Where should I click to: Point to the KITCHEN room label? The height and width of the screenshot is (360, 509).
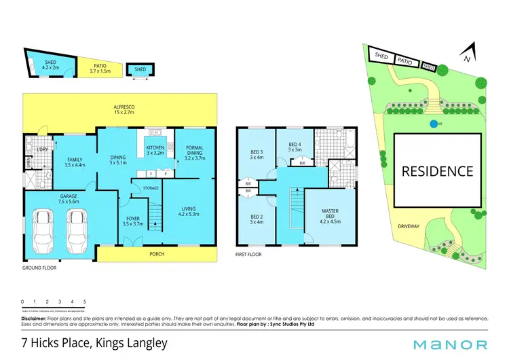[155, 147]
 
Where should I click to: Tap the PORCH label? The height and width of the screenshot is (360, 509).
[157, 254]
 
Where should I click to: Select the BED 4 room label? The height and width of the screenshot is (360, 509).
[295, 147]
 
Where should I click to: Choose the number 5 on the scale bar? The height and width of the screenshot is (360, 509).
[85, 301]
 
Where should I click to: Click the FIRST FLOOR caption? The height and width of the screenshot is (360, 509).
[248, 255]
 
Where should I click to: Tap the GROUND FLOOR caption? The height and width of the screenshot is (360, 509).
[40, 268]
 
